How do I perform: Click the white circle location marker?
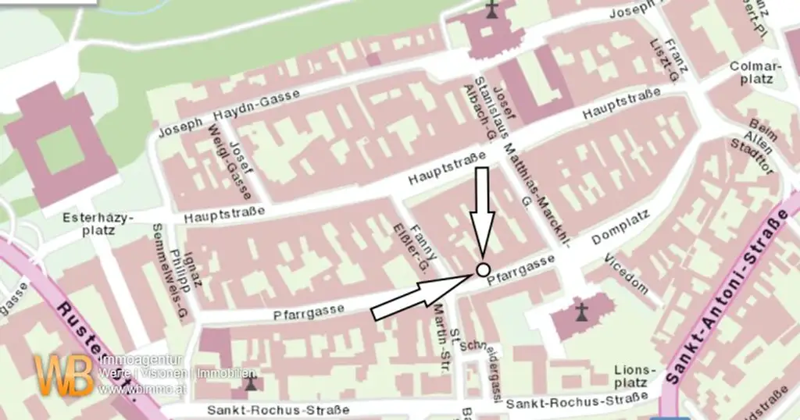(482, 271)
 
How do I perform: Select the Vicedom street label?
(627, 274)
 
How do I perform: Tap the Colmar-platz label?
(755, 73)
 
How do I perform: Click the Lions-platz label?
(630, 376)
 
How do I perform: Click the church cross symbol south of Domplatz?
(580, 313)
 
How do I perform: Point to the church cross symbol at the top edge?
(491, 10)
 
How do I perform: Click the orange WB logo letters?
(64, 376)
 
